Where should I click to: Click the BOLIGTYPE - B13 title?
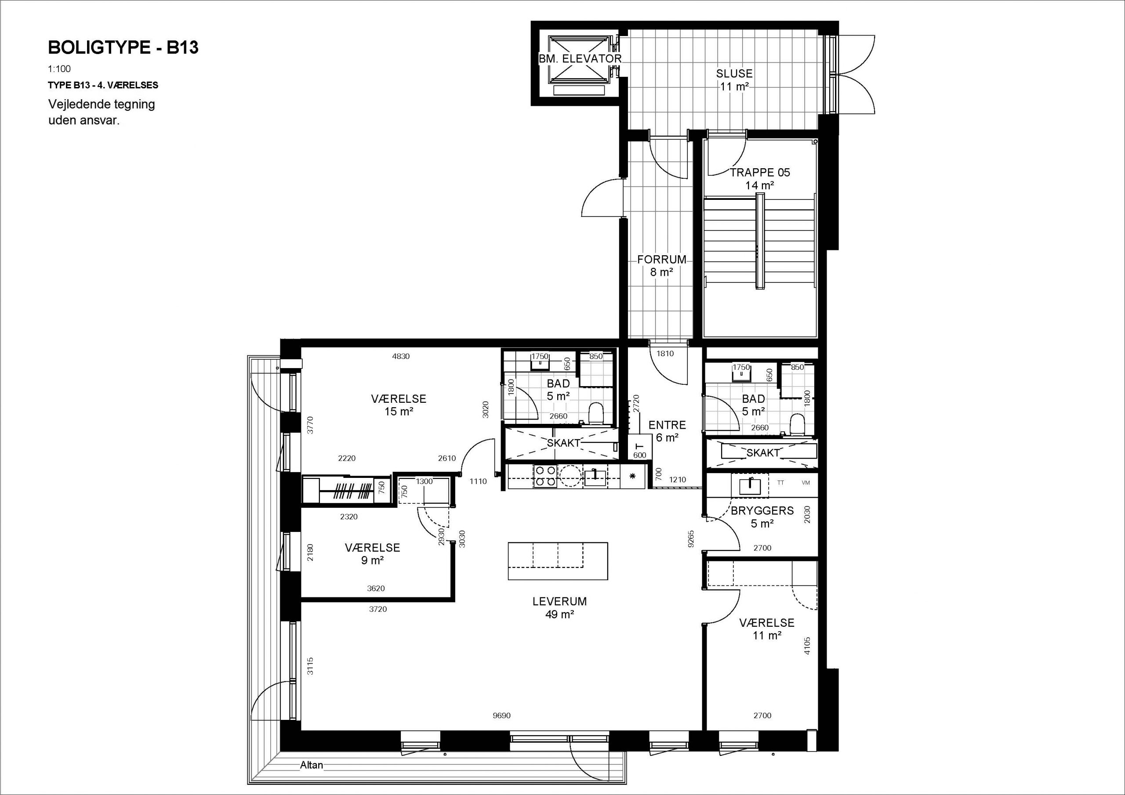[x=123, y=47]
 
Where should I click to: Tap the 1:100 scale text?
[x=59, y=69]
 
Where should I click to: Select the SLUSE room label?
[x=734, y=73]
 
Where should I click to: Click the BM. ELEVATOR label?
[x=580, y=59]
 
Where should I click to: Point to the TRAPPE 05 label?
[x=760, y=173]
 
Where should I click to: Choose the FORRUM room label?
[x=661, y=259]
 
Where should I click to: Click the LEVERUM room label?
[x=559, y=601]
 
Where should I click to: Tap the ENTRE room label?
[x=667, y=425]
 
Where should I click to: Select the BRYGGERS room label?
[x=762, y=510]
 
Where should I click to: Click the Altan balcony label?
[x=312, y=765]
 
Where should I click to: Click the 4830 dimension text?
[x=401, y=357]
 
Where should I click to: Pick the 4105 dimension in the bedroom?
[x=807, y=646]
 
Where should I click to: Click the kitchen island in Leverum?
[x=558, y=561]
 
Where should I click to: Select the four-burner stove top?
[x=546, y=476]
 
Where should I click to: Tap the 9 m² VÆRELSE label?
[x=372, y=553]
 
